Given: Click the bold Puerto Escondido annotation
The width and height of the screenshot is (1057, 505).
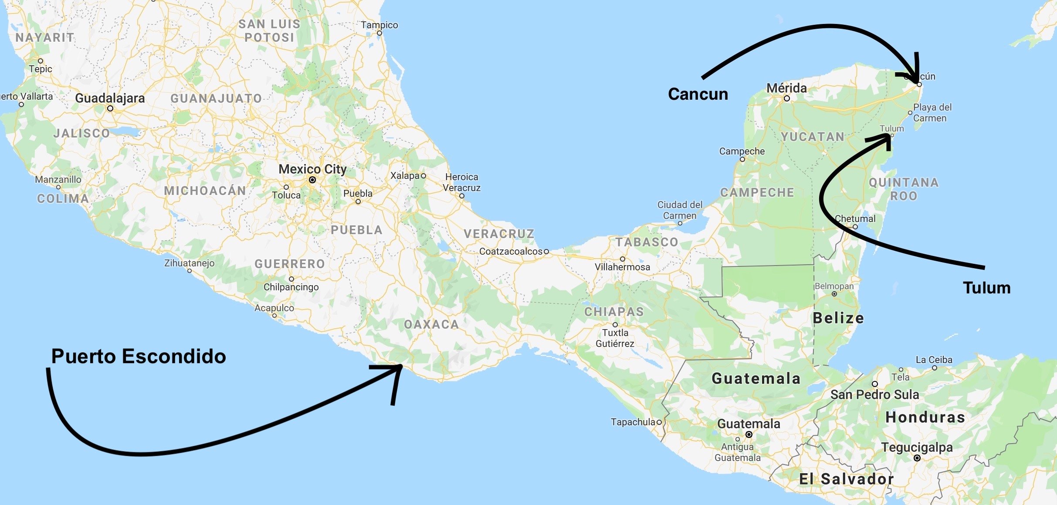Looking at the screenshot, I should point(139,356).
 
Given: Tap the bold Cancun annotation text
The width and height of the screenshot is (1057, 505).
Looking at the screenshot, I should point(698,94).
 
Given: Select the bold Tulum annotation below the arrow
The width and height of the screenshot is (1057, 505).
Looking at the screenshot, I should point(986,288).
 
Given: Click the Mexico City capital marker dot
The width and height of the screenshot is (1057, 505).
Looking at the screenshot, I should point(312,180).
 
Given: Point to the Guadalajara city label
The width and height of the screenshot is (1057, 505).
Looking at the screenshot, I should point(110,98).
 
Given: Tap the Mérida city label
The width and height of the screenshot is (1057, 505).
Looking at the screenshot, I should point(786,88).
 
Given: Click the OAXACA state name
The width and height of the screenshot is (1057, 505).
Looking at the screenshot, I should point(431,324).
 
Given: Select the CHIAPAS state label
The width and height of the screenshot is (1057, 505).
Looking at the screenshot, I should point(614,312).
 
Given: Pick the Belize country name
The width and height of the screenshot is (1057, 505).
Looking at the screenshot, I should point(838,318).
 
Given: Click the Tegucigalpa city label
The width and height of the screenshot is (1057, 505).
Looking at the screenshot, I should point(917,447).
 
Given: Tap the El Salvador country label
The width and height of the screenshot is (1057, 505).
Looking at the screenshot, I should point(846,479).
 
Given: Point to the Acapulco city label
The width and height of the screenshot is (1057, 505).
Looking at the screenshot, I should point(274,308).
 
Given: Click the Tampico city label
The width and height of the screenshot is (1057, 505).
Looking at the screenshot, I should point(379,25).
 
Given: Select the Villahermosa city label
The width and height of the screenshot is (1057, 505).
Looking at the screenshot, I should point(622,267).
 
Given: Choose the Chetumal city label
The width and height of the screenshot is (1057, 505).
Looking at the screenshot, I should point(855,219).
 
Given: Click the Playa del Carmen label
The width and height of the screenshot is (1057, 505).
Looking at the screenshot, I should point(932,112).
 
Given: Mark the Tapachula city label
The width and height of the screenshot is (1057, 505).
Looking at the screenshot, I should point(633,422).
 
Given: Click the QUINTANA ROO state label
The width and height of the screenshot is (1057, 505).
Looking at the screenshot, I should point(904,189).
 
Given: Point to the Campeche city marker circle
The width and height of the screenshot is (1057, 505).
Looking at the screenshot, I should point(742,159).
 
